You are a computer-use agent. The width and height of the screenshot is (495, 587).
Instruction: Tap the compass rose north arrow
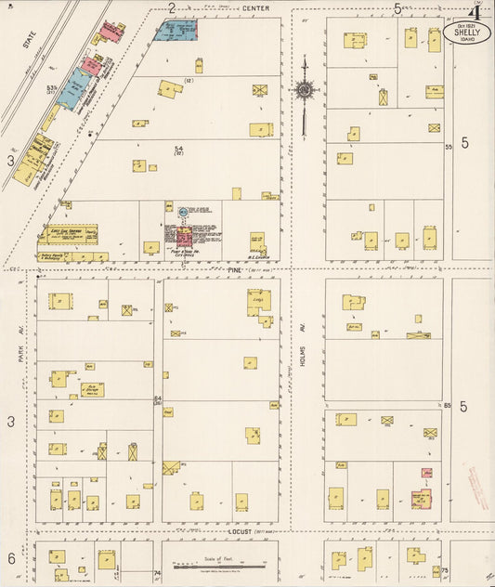click(305, 90)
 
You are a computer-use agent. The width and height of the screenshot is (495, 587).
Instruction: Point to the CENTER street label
click(257, 8)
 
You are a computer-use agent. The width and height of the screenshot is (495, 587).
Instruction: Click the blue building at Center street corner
click(176, 30)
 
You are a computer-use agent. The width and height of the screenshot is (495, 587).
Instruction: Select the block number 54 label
click(178, 148)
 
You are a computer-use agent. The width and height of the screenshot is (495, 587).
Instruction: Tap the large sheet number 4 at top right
click(474, 12)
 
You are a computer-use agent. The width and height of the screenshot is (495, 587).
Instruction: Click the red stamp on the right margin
click(479, 488)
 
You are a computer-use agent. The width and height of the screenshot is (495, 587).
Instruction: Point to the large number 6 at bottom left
click(11, 558)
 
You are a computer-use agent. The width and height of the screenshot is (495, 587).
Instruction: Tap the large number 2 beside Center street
click(172, 7)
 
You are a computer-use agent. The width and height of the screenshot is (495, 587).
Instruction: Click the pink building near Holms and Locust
click(421, 498)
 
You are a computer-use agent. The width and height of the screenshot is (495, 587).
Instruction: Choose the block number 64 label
click(158, 399)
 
